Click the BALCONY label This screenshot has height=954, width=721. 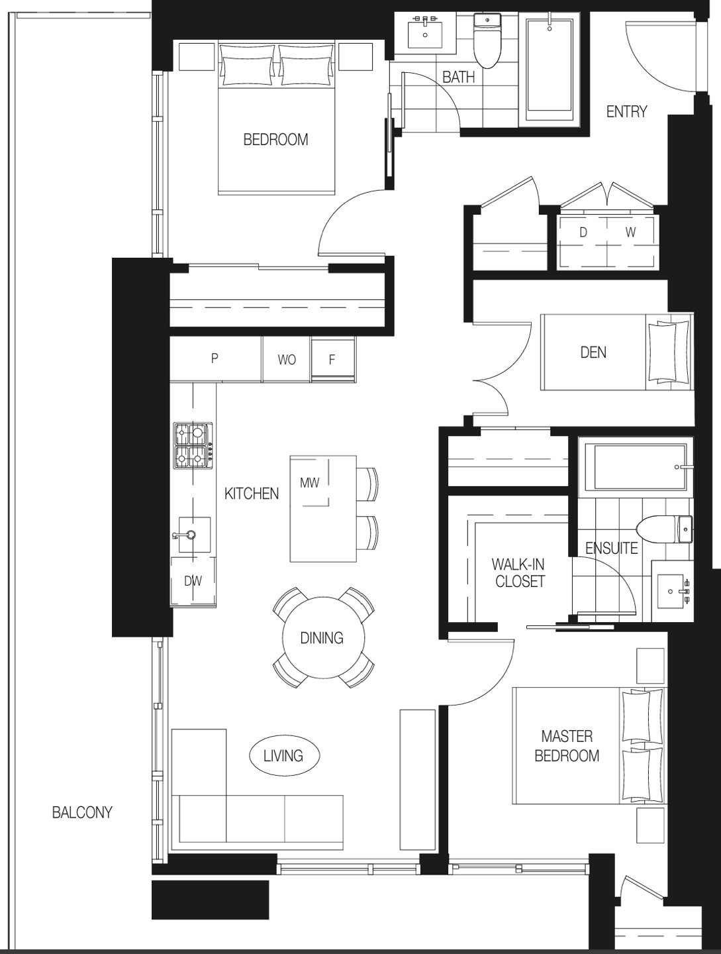82,812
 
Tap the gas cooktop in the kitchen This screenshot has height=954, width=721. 193,445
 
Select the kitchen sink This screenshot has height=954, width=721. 194,535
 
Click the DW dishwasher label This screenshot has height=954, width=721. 193,580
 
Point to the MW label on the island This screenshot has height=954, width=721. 310,482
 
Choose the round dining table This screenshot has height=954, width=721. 323,637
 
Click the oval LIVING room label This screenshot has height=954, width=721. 284,756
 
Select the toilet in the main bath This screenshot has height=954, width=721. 487,40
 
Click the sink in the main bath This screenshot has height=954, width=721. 425,34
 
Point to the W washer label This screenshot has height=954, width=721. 631,233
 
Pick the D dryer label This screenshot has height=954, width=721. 583,233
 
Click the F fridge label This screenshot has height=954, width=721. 332,360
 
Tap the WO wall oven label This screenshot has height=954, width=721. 287,360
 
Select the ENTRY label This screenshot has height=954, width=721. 626,112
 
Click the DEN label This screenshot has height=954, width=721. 593,352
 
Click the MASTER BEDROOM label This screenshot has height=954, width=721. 567,746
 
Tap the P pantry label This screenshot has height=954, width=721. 214,358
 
